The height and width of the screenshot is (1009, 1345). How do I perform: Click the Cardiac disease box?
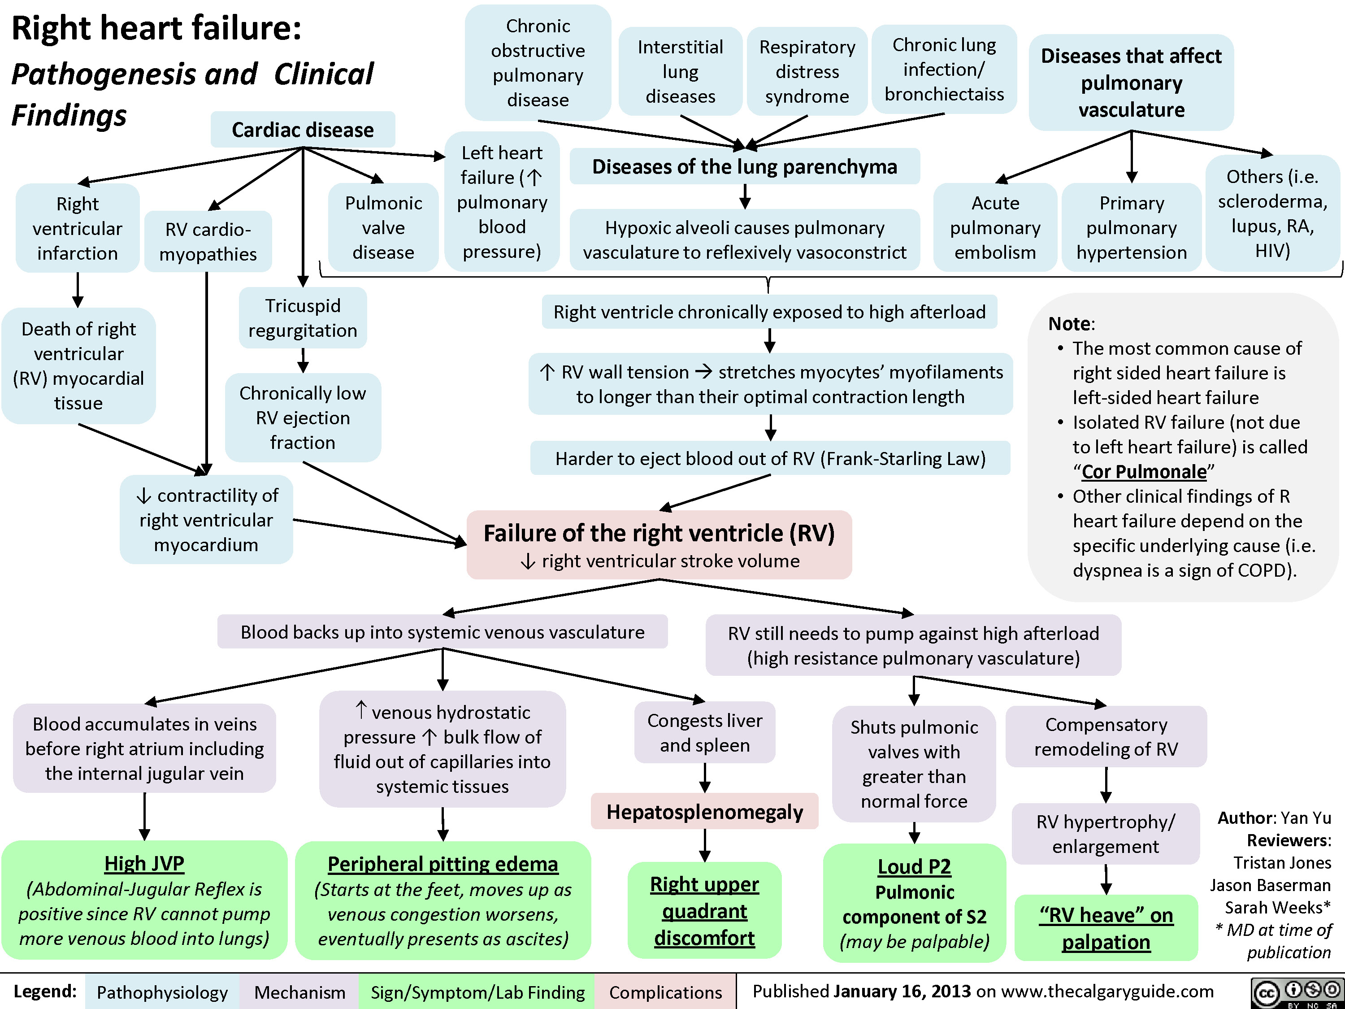302,130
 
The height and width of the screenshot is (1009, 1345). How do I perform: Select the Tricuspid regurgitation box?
302,317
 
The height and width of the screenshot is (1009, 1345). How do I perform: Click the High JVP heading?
144,863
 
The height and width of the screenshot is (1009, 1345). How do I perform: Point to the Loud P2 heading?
913,866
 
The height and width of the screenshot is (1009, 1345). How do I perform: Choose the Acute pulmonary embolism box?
995,227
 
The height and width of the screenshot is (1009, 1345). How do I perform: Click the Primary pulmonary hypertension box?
1131,227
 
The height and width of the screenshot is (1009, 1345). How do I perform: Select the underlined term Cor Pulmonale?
1144,471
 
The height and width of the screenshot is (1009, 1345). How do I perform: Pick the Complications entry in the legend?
665,992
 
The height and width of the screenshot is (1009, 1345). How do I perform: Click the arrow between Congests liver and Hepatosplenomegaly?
705,778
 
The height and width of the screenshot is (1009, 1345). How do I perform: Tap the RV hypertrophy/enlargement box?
1106,834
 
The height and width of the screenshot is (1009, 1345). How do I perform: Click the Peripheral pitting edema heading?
443,864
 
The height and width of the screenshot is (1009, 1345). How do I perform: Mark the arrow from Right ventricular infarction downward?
78,290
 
